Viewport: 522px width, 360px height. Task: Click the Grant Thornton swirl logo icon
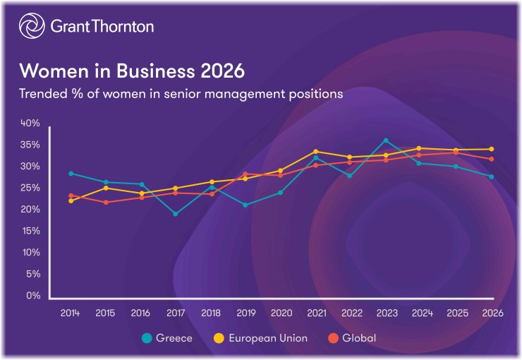pos(32,27)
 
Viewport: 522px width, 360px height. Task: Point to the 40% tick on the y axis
pos(30,123)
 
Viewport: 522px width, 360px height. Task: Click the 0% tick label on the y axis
pos(32,296)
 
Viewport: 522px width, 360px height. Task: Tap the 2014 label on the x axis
pos(71,313)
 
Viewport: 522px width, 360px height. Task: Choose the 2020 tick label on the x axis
pos(280,313)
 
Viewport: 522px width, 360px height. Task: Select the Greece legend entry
pos(167,338)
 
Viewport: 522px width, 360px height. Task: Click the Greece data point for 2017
pos(175,214)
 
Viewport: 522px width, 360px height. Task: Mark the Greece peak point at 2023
pos(385,140)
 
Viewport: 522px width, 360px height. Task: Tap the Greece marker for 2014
pos(71,173)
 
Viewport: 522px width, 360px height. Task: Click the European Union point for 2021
pos(315,151)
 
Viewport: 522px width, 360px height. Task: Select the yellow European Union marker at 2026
pos(491,149)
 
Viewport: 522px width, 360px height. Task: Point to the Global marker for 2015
pos(106,203)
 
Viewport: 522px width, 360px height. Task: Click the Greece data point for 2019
pos(245,205)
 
